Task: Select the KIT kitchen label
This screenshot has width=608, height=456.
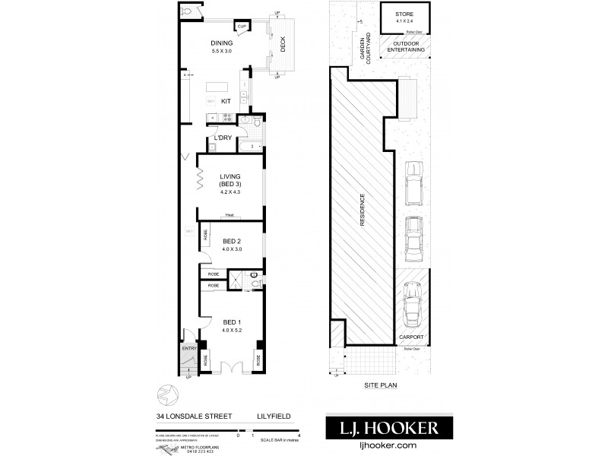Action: (226, 100)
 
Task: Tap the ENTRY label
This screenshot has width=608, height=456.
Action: (189, 349)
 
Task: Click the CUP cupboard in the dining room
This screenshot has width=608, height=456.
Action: (242, 27)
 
